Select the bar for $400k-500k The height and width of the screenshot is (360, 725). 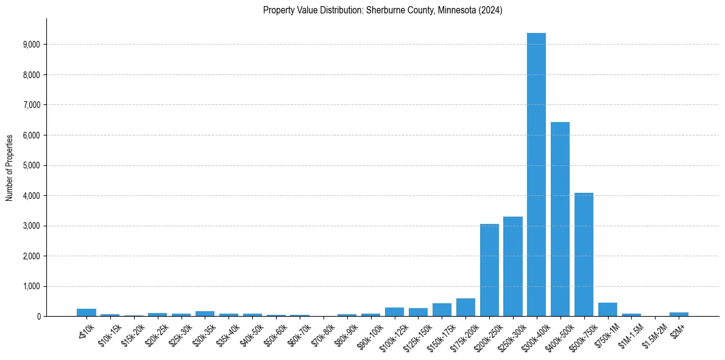point(560,219)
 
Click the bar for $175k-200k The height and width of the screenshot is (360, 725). point(465,308)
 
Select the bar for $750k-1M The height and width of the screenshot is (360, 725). point(607,309)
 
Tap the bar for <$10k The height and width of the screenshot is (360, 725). point(87,312)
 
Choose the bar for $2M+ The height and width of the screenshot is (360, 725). point(679,314)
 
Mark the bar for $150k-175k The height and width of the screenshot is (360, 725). point(442,310)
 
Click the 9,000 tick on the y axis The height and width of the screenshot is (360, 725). point(30,45)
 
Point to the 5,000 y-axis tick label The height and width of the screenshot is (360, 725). point(30,165)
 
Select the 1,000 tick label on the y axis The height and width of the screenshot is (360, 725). point(30,286)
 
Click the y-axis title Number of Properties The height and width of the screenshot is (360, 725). point(9,167)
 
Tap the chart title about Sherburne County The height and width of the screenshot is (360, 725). point(383,10)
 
